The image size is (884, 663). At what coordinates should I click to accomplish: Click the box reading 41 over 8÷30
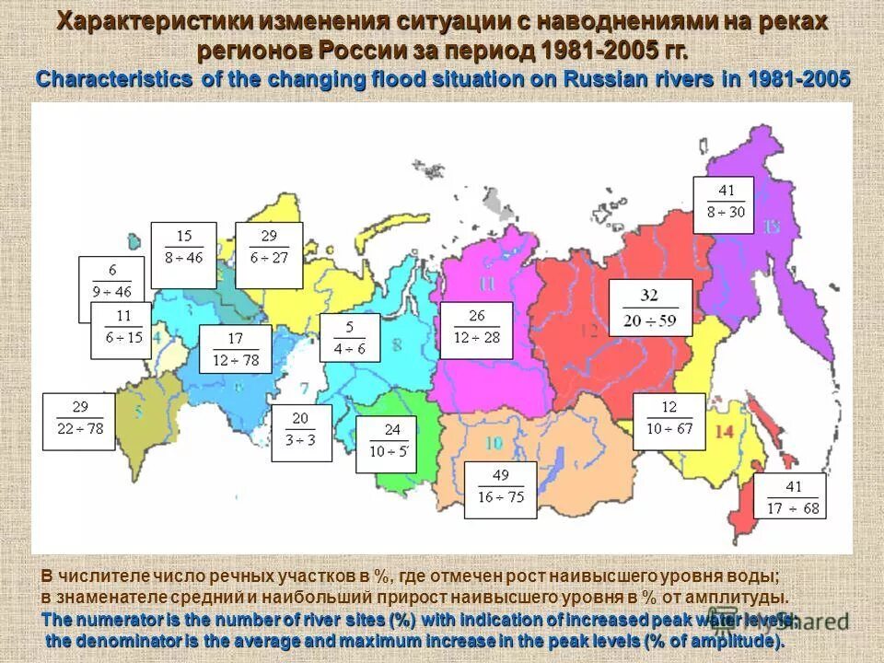[x=723, y=205]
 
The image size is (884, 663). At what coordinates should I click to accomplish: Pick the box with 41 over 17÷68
[x=790, y=497]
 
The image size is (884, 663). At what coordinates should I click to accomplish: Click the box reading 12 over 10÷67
[x=669, y=421]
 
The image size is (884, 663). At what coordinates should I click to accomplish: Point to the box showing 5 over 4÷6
[x=350, y=337]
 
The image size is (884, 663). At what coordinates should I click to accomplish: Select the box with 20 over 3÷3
[x=301, y=433]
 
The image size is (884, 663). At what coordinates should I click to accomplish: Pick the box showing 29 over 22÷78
[x=79, y=421]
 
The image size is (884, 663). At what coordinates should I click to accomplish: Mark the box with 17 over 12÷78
[x=236, y=349]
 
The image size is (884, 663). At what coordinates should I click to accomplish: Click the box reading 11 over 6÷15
[x=121, y=330]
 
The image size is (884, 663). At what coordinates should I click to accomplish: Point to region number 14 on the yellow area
[x=724, y=431]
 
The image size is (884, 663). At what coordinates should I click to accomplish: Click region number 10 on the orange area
[x=494, y=444]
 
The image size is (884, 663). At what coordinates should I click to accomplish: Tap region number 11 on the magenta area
[x=487, y=283]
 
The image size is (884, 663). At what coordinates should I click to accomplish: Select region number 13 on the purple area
[x=770, y=227]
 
